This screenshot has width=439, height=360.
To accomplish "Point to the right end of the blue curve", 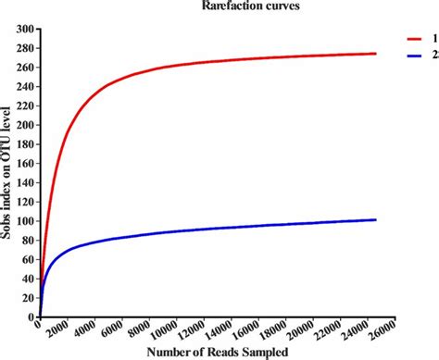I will [375, 219].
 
